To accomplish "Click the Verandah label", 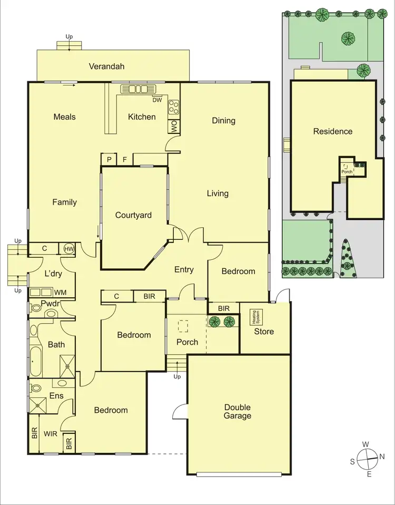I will [x=110, y=66].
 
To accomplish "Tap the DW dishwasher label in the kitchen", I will [x=157, y=100].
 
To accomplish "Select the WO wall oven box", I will [x=173, y=126].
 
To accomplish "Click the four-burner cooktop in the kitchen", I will [x=173, y=107].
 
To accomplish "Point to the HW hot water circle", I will [x=69, y=249].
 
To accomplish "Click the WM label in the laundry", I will [x=61, y=292].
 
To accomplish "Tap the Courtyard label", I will [x=134, y=215].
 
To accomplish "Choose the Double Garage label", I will [x=238, y=412].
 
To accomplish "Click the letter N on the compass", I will [x=382, y=457].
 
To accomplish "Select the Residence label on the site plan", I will [x=333, y=131].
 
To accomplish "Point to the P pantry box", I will [x=110, y=159].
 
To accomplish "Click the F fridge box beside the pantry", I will [x=125, y=159].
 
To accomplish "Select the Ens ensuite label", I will [x=57, y=396].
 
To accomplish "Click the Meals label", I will [x=65, y=117].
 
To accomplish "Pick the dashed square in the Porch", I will [x=184, y=326].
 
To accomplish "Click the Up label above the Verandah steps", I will [x=69, y=36].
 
